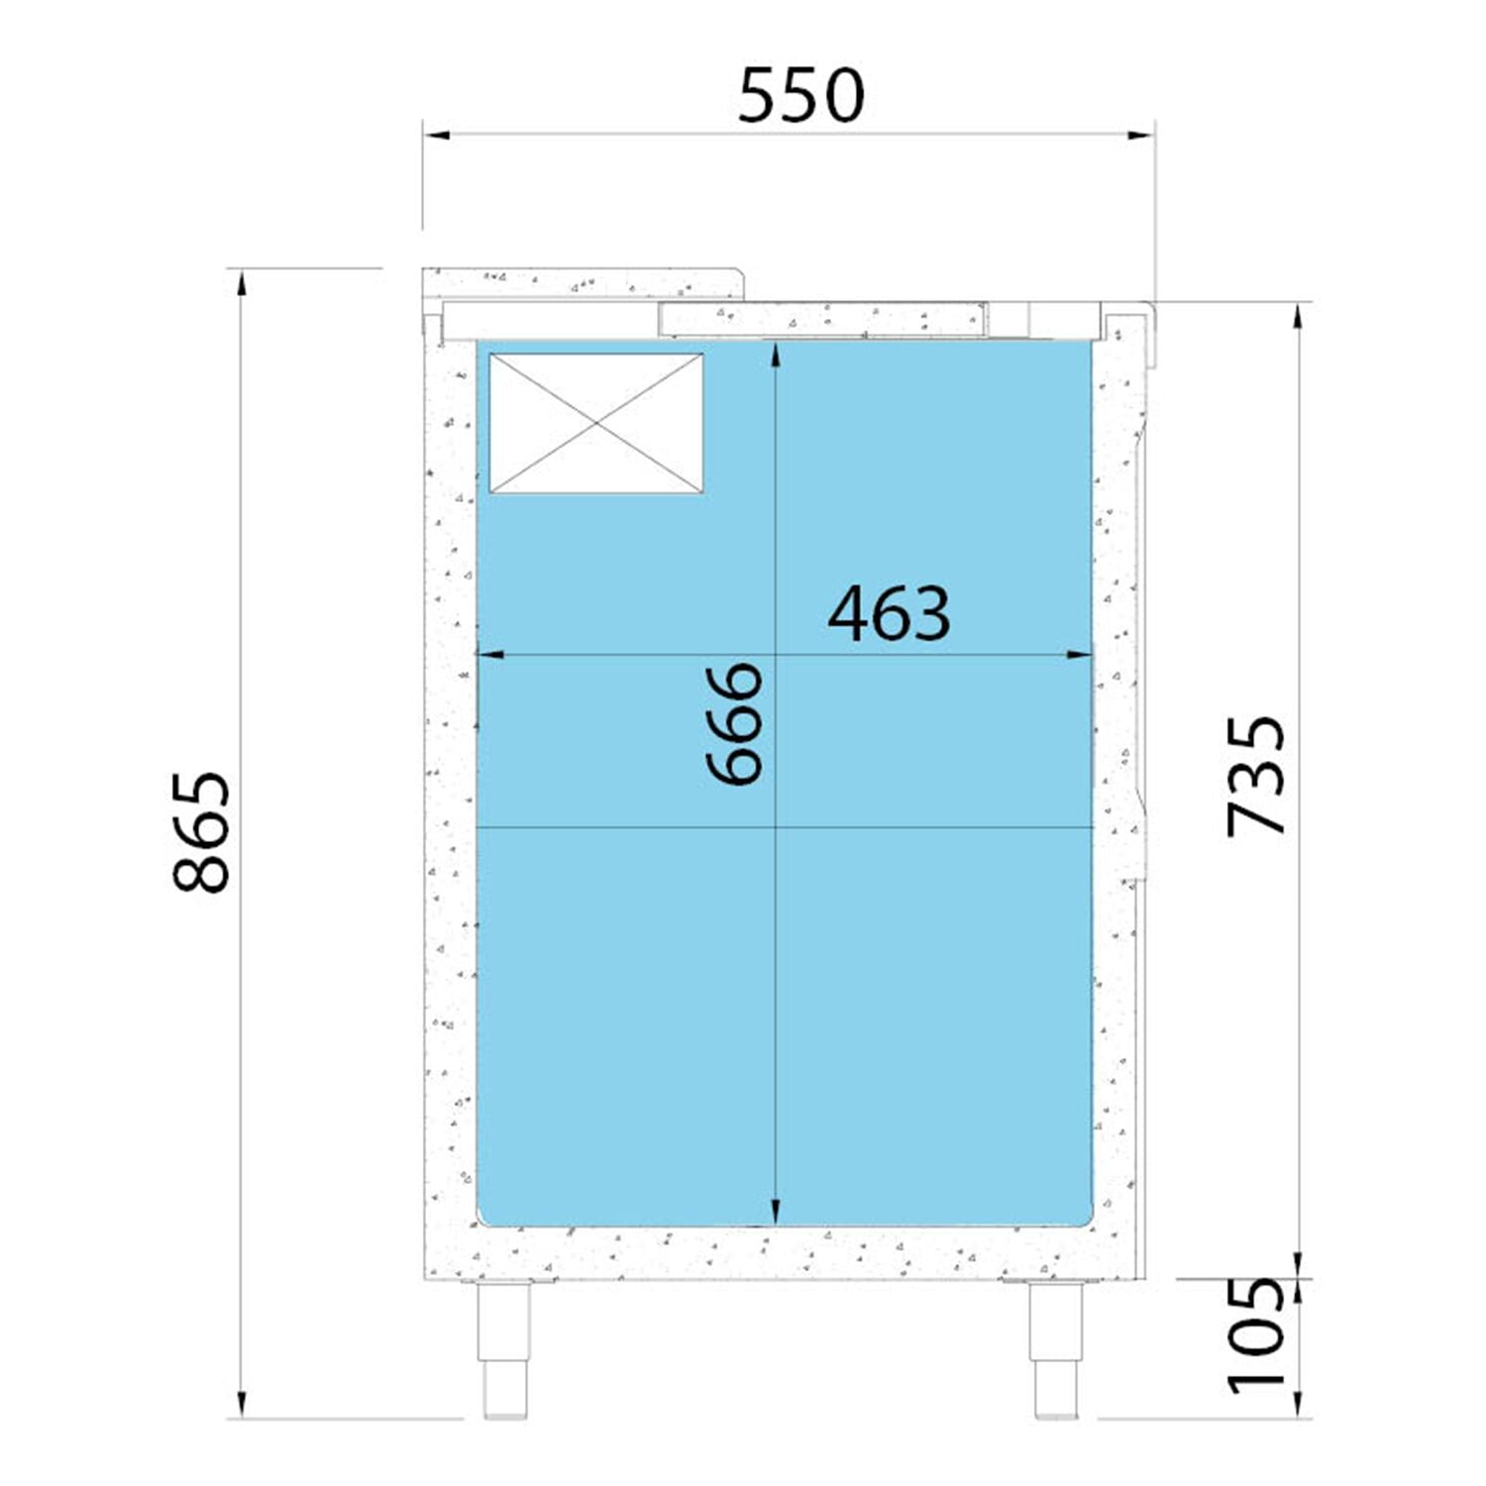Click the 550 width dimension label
pos(800,96)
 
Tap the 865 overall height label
pos(201,832)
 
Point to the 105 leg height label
pos(1255,1334)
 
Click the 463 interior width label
pos(889,614)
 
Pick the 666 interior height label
pos(735,724)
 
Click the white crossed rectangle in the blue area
pos(596,423)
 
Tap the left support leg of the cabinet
pos(504,1348)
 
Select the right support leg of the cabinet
pos(1055,1348)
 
